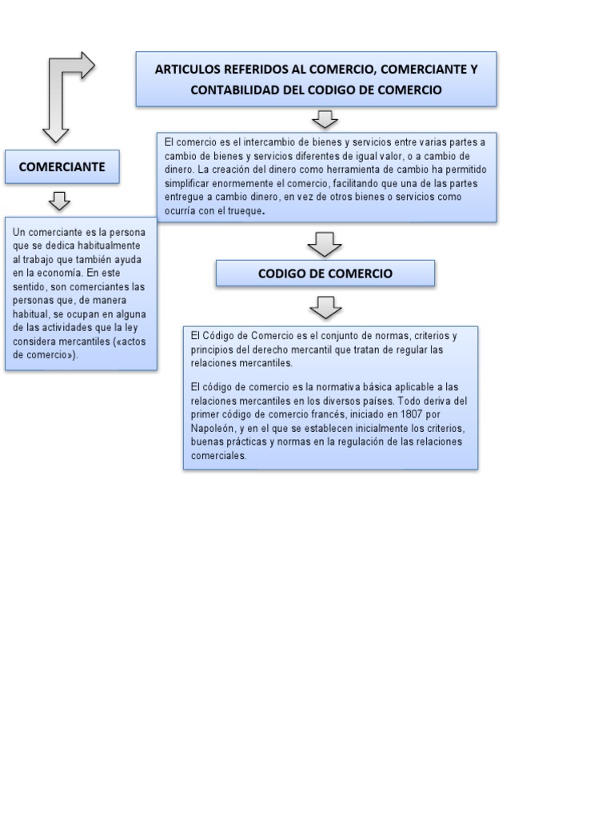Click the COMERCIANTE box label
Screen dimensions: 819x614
tap(62, 167)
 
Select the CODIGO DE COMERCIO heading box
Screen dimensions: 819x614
tap(325, 274)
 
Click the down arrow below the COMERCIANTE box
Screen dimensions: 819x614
tap(61, 200)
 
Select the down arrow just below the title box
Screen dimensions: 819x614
tap(325, 119)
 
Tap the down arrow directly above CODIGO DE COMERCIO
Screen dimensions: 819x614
tap(325, 243)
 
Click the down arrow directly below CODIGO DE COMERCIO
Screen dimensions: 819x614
tap(325, 306)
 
